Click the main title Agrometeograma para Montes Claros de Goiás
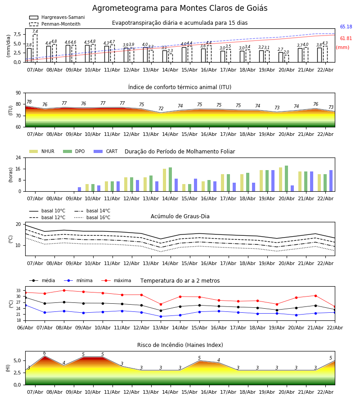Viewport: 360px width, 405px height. click(x=180, y=9)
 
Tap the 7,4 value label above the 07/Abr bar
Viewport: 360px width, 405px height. click(x=35, y=32)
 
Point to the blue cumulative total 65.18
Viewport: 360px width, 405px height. click(x=346, y=27)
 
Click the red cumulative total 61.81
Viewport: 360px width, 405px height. click(x=346, y=39)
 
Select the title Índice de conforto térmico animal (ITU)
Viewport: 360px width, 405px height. click(x=180, y=87)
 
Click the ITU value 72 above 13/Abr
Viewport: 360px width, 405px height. click(x=161, y=109)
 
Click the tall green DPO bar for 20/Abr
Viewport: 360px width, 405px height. click(x=286, y=178)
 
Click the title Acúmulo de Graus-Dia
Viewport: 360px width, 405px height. click(x=180, y=216)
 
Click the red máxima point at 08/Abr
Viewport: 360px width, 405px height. click(x=64, y=290)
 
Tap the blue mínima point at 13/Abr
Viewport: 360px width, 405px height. click(x=161, y=316)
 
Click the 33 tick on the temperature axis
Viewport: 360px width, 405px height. click(x=18, y=291)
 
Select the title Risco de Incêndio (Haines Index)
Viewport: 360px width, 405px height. click(x=180, y=345)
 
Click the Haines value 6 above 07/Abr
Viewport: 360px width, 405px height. click(x=45, y=353)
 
